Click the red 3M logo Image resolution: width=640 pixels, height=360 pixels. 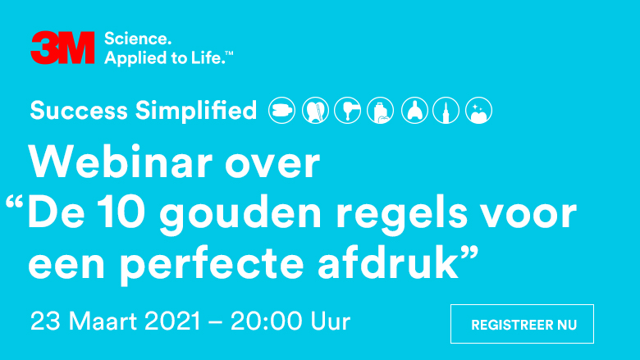pyautogui.click(x=62, y=48)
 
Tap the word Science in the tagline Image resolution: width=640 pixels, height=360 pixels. pyautogui.click(x=138, y=39)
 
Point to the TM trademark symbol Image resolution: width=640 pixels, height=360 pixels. pyautogui.click(x=229, y=53)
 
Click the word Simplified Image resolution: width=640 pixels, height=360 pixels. pyautogui.click(x=196, y=111)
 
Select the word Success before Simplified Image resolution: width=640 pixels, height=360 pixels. pyautogui.click(x=79, y=111)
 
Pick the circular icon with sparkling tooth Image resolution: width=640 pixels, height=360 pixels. pyautogui.click(x=479, y=110)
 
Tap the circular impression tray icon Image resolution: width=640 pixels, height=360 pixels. pyautogui.click(x=414, y=110)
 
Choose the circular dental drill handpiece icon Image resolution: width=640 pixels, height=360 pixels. pyautogui.click(x=347, y=110)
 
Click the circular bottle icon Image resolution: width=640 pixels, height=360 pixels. pyautogui.click(x=381, y=110)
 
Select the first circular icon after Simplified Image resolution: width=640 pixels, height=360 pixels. pyautogui.click(x=281, y=110)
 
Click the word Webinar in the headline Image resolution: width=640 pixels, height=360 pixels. pyautogui.click(x=121, y=162)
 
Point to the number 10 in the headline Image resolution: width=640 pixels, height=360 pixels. pyautogui.click(x=121, y=213)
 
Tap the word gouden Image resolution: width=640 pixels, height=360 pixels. pyautogui.click(x=240, y=216)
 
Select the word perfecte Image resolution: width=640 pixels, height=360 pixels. pyautogui.click(x=213, y=266)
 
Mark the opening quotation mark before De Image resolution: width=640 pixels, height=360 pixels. pyautogui.click(x=14, y=202)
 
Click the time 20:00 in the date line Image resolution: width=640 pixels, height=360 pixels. pyautogui.click(x=265, y=321)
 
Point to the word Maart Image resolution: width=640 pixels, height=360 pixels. pyautogui.click(x=103, y=321)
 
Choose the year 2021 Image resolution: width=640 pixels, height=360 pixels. pyautogui.click(x=172, y=321)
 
